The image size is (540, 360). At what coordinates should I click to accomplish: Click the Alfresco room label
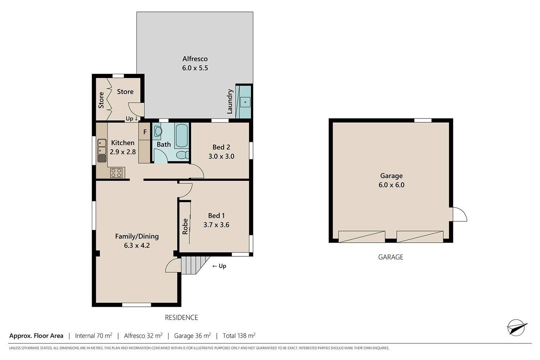[195, 59]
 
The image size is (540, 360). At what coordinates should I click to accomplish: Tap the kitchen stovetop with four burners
[116, 173]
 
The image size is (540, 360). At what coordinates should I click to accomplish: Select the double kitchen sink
[102, 147]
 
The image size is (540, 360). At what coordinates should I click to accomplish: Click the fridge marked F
[145, 131]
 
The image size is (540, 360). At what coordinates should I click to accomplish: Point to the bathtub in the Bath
[181, 135]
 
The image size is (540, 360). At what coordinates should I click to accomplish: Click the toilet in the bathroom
[183, 155]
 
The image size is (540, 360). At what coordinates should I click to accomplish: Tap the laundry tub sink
[245, 102]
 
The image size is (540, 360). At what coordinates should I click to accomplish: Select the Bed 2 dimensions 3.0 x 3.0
[221, 157]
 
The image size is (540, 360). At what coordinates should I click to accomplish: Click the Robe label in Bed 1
[185, 226]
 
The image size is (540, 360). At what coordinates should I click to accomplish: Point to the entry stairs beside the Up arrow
[193, 265]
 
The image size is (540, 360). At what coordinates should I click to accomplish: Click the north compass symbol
[517, 328]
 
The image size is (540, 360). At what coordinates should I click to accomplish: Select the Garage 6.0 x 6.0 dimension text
[391, 185]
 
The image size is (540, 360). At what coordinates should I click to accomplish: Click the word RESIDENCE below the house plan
[181, 318]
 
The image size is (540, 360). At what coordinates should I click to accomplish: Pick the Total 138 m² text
[239, 336]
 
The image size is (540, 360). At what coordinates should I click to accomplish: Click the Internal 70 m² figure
[94, 336]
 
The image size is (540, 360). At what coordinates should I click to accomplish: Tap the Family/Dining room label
[137, 236]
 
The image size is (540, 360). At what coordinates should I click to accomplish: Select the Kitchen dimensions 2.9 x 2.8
[123, 152]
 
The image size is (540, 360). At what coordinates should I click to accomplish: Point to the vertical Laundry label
[230, 102]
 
